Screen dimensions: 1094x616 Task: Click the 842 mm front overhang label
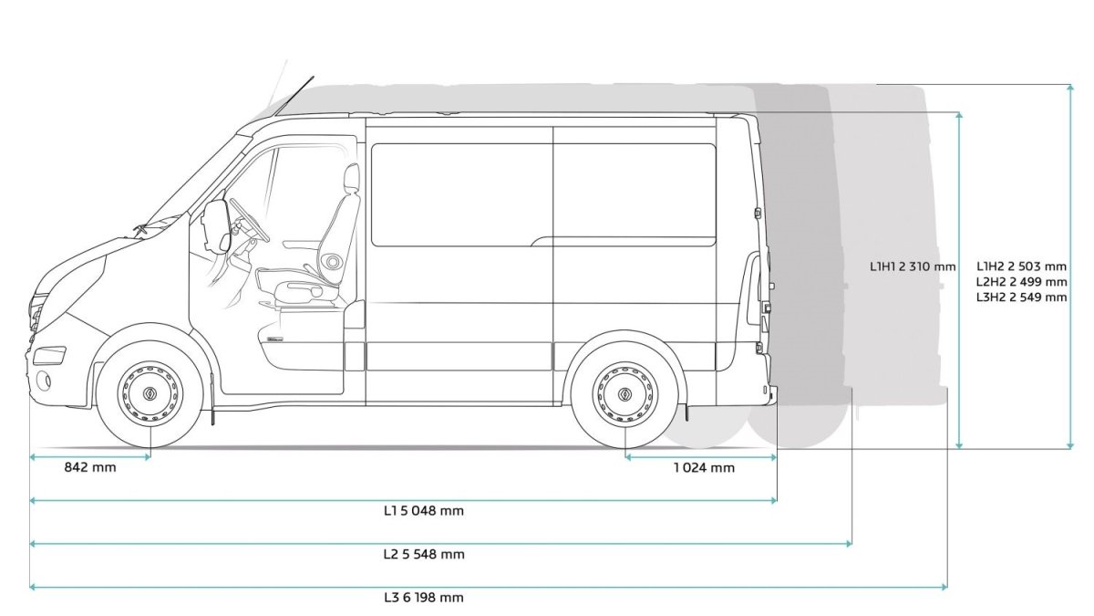coord(90,467)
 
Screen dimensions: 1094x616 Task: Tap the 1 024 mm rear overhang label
coord(704,468)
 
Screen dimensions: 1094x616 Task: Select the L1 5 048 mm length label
coord(423,511)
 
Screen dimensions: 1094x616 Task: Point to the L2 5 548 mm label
coord(424,555)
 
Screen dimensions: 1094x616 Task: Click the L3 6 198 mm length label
coord(423,598)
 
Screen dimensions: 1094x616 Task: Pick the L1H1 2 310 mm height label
coord(913,266)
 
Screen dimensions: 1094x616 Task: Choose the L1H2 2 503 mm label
coord(1022,266)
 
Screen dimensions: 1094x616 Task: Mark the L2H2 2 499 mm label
coord(1022,282)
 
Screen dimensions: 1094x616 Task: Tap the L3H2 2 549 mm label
coord(1022,298)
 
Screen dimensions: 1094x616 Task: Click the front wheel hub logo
coord(150,394)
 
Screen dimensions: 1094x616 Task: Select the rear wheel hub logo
coord(625,394)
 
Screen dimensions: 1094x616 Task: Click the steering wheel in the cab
coord(249,220)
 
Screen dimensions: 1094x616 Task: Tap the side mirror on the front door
coord(216,224)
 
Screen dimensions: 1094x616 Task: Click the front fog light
coord(44,380)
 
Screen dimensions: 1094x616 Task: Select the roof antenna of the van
coord(294,96)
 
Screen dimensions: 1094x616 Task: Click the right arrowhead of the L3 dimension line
coord(944,586)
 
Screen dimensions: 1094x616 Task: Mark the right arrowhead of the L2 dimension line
coord(849,543)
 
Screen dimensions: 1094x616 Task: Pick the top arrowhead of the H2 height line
coord(1070,88)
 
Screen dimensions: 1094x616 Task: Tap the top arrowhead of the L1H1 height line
coord(959,116)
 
